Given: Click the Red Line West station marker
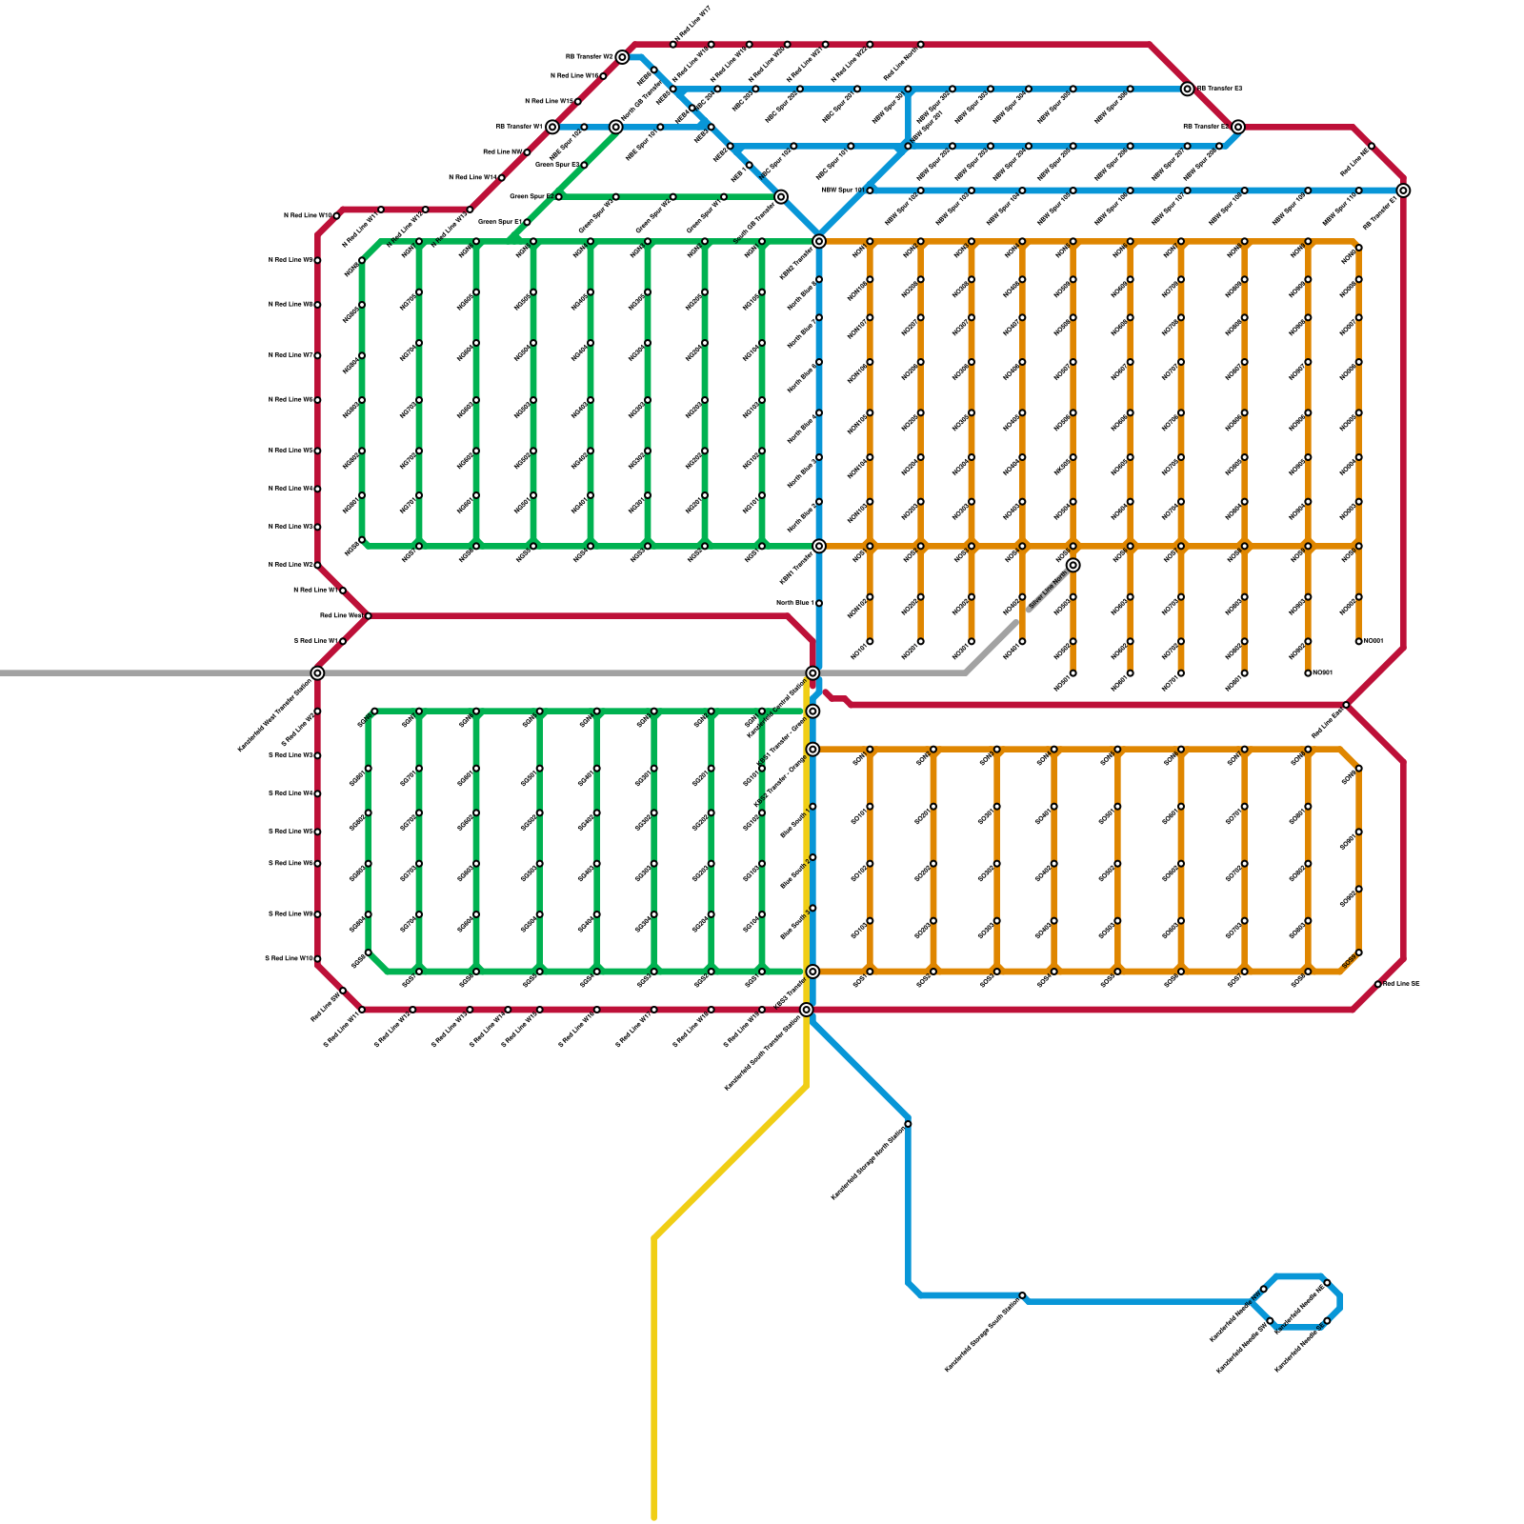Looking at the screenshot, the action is pos(369,616).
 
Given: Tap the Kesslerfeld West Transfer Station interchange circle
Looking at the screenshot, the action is pos(317,673).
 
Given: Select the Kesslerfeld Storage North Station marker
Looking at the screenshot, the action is pos(908,1124).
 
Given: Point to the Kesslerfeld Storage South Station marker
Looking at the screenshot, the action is pos(1022,1295).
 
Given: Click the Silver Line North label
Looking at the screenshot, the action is pos(1047,591).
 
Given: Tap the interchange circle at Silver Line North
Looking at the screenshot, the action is pos(1073,566).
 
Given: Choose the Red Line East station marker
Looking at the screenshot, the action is pos(1346,705).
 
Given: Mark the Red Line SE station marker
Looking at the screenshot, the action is pos(1377,984).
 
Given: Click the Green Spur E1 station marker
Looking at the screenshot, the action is pos(527,222).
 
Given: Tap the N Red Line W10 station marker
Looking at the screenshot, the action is pos(336,216).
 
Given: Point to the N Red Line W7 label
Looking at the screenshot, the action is pos(291,355).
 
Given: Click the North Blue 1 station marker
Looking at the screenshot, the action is pos(818,603).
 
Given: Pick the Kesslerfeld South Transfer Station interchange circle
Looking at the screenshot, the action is pos(807,1010).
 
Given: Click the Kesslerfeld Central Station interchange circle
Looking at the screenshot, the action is pos(812,673).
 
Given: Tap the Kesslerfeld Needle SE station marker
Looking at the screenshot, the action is pos(1327,1321).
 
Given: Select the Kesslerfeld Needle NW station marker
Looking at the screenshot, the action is pos(1263,1289).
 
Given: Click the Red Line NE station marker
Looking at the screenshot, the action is pos(1372,146).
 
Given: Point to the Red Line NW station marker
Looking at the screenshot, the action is pos(527,152).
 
